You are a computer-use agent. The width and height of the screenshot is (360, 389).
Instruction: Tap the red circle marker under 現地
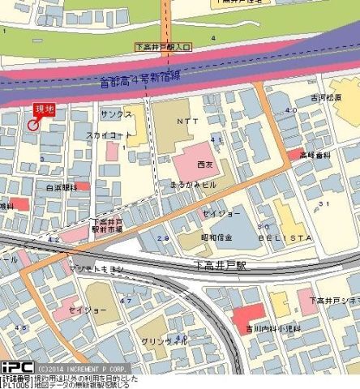point(33,126)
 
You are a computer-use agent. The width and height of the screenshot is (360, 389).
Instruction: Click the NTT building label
point(186,120)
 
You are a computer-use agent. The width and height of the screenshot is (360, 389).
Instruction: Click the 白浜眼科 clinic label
point(60,186)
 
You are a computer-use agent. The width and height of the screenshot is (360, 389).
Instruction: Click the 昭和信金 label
point(217,237)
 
